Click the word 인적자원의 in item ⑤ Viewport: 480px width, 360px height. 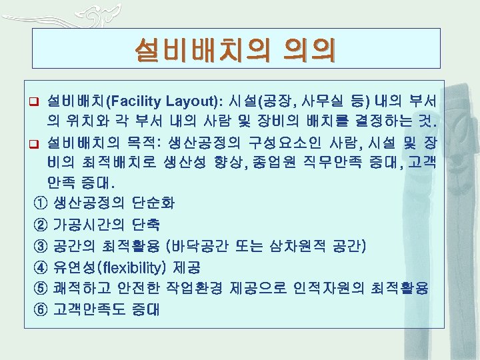337,289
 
